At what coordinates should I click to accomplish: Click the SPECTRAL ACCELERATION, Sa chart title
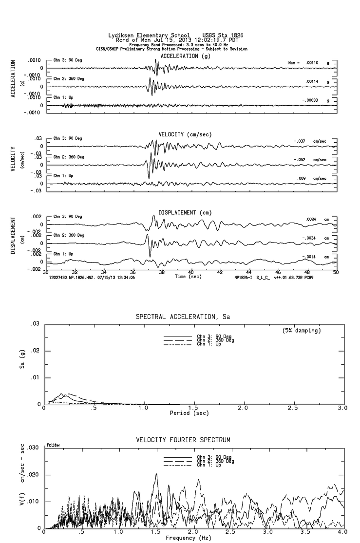tap(183, 317)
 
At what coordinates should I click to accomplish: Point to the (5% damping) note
tap(301, 331)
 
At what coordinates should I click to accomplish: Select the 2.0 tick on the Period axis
tap(243, 408)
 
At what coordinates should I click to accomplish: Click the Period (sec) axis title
tap(188, 413)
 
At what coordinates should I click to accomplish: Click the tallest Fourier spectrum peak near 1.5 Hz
tap(156, 473)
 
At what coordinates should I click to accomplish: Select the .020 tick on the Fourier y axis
tap(33, 475)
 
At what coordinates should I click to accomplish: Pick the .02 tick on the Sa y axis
tap(35, 351)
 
